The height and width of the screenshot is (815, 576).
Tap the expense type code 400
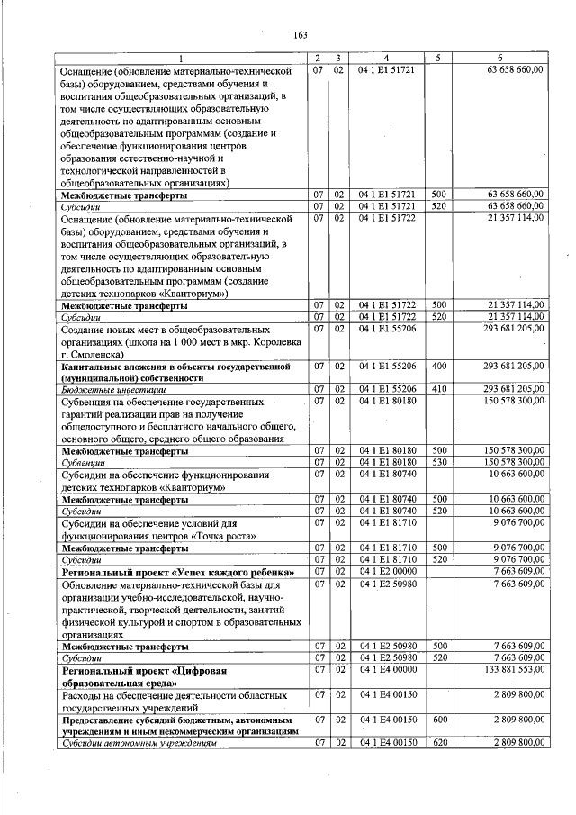click(438, 367)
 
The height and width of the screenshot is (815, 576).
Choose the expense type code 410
click(438, 390)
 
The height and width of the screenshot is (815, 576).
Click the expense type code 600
click(438, 720)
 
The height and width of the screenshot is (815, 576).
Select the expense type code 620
click(438, 742)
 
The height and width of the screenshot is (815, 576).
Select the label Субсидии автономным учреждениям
click(139, 742)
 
